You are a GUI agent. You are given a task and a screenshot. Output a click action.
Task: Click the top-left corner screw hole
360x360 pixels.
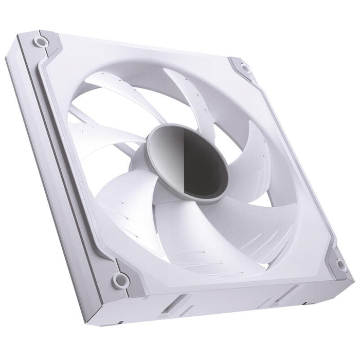(x=39, y=40)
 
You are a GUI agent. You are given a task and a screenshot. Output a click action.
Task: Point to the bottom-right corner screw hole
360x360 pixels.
(x=340, y=265)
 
